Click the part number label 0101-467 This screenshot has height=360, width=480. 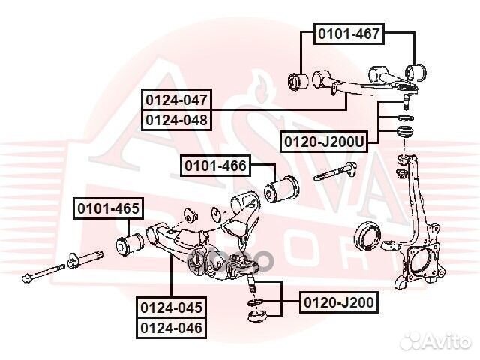[349, 33]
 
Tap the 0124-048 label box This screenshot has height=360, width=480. [177, 119]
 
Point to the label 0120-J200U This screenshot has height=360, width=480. [324, 140]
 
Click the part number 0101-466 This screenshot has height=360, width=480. [216, 165]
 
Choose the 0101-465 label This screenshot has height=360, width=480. [106, 209]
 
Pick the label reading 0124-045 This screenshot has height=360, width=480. [170, 307]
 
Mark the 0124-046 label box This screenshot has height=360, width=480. [170, 327]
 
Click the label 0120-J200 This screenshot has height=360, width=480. [337, 302]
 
